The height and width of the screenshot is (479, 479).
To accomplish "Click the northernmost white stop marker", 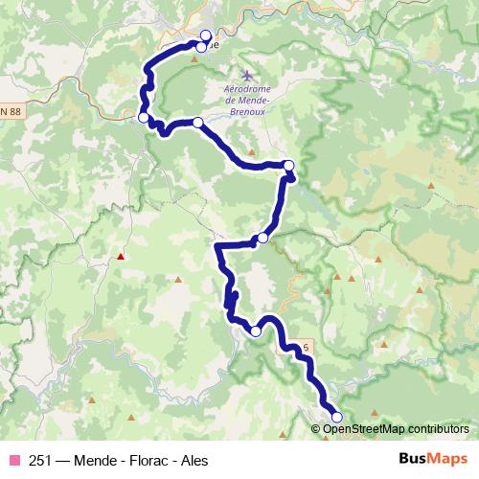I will (x=205, y=34).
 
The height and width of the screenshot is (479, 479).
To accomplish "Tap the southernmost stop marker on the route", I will (x=336, y=417).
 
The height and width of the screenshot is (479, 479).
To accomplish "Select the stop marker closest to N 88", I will (x=144, y=118).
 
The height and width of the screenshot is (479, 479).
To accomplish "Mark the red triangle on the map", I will (x=121, y=256).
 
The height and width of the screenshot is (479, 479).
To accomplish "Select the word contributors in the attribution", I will (x=438, y=429).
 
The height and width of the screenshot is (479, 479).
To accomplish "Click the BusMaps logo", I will (x=433, y=460).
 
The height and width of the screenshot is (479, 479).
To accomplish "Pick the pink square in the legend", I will (x=14, y=461).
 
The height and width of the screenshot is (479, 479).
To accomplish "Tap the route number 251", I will (x=40, y=461).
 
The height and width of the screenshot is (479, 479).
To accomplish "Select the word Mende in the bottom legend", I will (x=95, y=461).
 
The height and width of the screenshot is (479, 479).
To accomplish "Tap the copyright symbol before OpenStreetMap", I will (x=316, y=429).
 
